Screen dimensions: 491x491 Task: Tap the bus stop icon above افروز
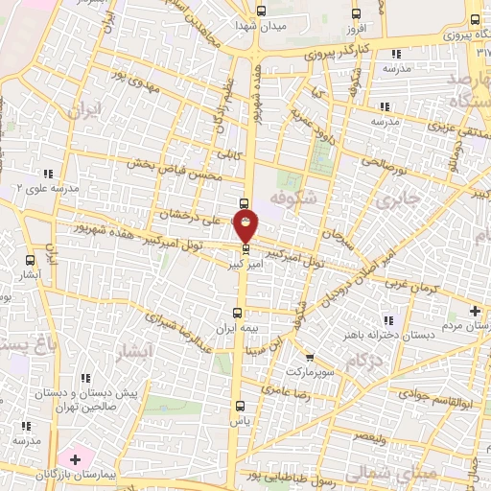[x=357, y=13]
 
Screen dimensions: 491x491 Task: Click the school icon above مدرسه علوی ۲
[x=49, y=174]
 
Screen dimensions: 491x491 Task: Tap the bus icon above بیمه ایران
[x=238, y=313]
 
